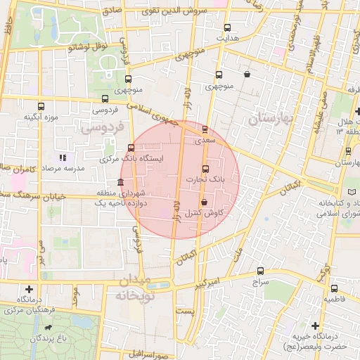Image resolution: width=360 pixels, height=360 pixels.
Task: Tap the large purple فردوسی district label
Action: tap(101, 128)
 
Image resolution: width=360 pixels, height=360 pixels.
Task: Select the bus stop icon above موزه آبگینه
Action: tap(40, 107)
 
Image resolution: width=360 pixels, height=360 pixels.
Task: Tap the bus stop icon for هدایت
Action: tap(226, 28)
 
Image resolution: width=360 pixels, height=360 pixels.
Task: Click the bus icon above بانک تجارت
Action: tap(205, 169)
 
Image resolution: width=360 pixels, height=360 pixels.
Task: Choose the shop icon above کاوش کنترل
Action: tap(204, 202)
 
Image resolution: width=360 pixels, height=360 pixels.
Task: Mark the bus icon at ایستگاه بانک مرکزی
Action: tap(131, 148)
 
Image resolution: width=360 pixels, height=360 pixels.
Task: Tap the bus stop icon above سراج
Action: tap(261, 271)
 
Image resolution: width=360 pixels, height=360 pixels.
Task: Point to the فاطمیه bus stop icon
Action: tap(334, 288)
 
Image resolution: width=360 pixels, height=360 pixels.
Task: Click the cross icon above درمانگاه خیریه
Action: tap(315, 326)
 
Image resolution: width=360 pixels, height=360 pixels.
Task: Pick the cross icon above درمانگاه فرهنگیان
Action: tap(29, 288)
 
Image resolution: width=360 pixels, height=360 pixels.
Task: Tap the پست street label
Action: tap(184, 310)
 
